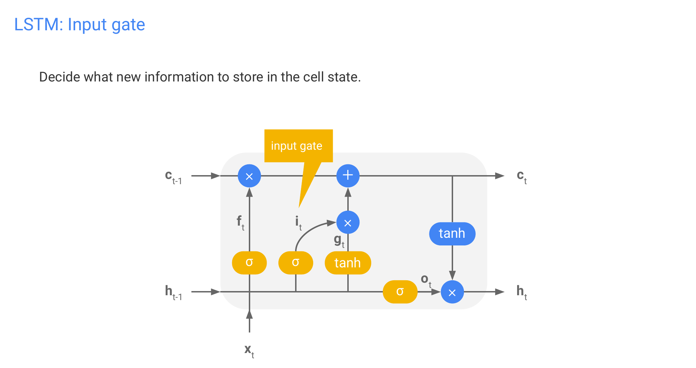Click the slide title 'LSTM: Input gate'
coord(79,25)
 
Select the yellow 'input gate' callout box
coord(298,146)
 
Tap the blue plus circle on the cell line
coord(348,176)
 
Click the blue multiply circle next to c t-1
coord(249,176)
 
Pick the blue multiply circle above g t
coord(348,222)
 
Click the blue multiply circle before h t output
coord(452,292)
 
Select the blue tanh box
coord(452,234)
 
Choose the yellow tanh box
coord(348,263)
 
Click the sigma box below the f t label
coord(249,263)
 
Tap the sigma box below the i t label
coord(295,263)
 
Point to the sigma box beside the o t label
coord(400,292)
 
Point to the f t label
coord(240,222)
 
